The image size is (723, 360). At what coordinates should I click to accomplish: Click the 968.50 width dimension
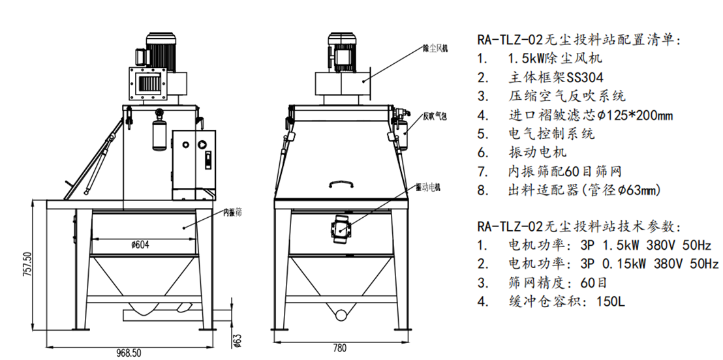pos(130,352)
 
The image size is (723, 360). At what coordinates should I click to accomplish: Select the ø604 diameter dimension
pos(142,245)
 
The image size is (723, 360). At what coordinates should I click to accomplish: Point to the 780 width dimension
pos(339,348)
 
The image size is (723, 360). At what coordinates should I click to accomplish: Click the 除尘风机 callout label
pos(436,48)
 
